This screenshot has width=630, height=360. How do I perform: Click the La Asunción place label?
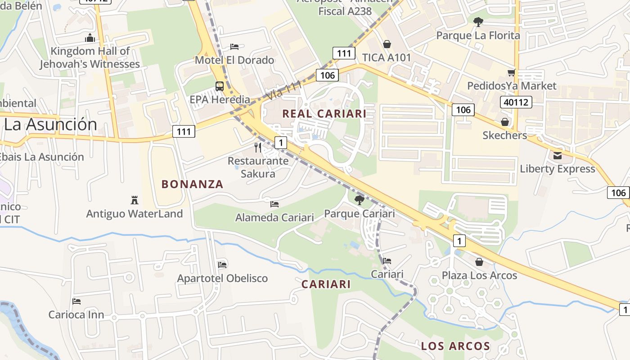50,124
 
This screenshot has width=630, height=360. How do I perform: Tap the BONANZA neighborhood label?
192,184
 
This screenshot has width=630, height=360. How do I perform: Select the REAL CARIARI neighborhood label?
324,114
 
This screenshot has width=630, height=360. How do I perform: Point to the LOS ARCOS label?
455,346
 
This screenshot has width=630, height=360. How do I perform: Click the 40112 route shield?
516,102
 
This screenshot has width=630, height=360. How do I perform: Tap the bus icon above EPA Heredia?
220,86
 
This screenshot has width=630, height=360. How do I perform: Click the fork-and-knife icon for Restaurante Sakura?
258,147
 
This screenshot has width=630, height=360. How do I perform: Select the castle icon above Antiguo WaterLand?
134,200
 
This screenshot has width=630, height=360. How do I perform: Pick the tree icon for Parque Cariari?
359,200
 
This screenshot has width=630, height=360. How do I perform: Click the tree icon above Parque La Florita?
478,21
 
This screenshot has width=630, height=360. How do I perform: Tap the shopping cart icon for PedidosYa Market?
511,72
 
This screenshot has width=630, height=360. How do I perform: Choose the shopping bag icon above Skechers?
505,122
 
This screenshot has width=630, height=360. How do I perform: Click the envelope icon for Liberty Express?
558,155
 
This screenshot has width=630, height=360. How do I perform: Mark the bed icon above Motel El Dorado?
234,46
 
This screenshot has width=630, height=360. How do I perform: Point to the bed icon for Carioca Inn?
76,301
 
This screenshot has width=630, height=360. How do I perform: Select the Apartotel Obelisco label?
222,278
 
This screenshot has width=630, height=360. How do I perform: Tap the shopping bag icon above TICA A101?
387,44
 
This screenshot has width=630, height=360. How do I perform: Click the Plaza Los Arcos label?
479,275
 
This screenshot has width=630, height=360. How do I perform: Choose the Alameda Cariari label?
274,217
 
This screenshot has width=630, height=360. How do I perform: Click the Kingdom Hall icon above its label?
90,38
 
